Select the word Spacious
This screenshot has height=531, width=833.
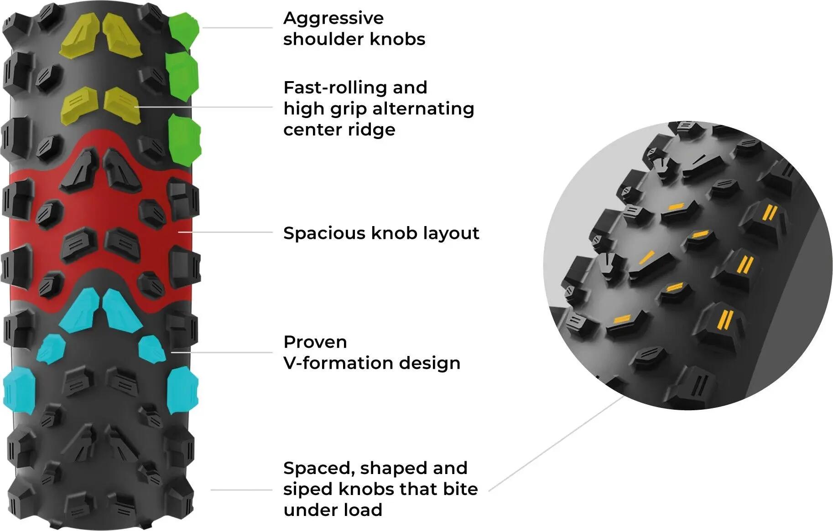(324, 234)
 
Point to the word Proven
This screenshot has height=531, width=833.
(315, 342)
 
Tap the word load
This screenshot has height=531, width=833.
(363, 510)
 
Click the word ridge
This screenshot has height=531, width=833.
(371, 130)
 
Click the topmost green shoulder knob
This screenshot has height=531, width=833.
(184, 31)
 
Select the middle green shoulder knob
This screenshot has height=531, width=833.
(182, 76)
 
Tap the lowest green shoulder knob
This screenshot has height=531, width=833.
(184, 141)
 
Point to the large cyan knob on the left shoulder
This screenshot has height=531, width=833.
(20, 391)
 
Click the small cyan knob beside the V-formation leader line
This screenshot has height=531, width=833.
(152, 349)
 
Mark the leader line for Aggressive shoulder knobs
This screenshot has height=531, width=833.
(237, 28)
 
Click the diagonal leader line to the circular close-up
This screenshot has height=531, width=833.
(557, 443)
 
